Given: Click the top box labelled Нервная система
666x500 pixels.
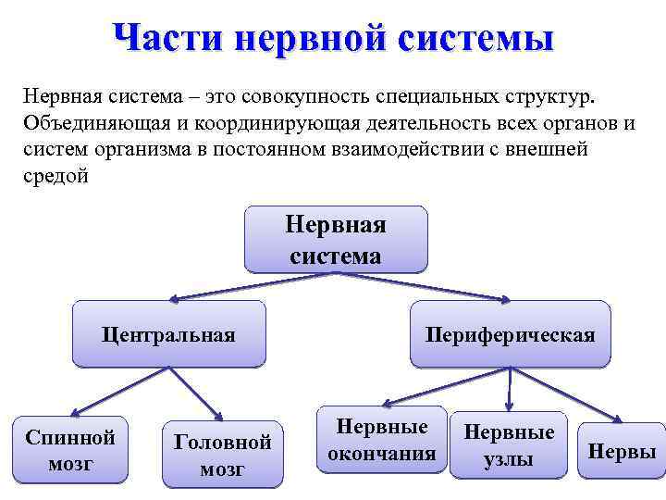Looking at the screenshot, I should point(335,239).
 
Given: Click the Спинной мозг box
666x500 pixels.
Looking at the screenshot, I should point(70,450).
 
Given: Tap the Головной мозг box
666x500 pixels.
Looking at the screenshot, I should point(222,455).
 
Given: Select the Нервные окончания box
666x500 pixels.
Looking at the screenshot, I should point(381,440).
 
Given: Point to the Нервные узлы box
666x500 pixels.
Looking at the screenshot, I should point(508,445).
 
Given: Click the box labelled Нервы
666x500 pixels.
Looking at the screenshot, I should point(622,452).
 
